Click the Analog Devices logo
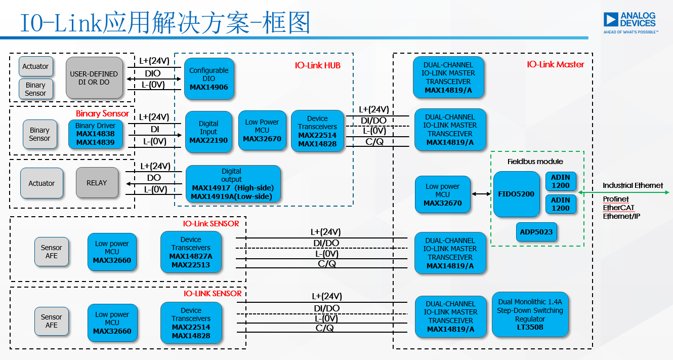tap(630, 22)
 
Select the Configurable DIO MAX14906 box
tap(208, 78)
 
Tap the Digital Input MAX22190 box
tap(208, 132)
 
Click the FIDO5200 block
tap(516, 194)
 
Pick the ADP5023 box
tap(536, 232)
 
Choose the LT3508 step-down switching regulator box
tap(530, 314)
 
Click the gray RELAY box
tap(97, 183)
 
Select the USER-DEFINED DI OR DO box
tap(94, 78)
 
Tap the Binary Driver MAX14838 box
tap(95, 134)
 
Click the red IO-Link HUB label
tap(318, 66)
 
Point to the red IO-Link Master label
tap(555, 65)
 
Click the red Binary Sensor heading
tap(102, 113)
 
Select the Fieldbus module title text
tap(535, 162)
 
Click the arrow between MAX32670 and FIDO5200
tap(481, 194)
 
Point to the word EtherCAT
tap(618, 208)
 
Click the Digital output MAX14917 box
tap(233, 184)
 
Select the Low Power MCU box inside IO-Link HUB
tap(262, 131)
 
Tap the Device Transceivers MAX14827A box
tap(191, 252)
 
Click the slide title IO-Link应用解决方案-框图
tap(164, 23)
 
